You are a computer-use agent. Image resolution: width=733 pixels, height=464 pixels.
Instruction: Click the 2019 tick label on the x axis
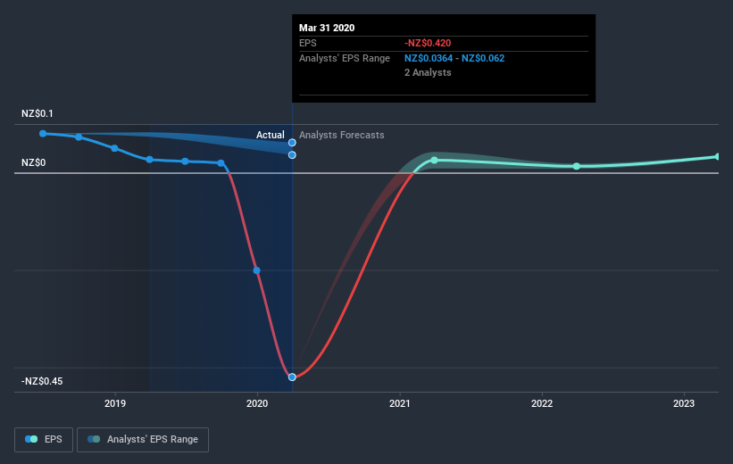coord(115,403)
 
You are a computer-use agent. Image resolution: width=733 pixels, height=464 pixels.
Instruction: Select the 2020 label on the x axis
coord(257,403)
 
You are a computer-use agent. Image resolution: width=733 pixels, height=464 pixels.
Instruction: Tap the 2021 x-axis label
coord(400,403)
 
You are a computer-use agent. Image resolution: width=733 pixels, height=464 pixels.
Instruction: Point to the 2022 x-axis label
coord(542,403)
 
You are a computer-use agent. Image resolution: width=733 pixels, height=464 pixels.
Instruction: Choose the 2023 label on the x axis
coord(684,403)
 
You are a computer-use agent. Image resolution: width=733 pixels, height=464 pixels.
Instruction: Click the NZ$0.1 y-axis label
coord(38,113)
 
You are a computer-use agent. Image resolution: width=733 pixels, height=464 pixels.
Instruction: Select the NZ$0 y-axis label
coord(33,162)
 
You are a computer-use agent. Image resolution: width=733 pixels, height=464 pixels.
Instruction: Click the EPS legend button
coord(44,439)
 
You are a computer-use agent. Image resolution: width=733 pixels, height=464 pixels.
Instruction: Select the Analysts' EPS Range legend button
coord(143,439)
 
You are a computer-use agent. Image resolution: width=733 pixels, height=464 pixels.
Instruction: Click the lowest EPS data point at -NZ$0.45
coord(292,377)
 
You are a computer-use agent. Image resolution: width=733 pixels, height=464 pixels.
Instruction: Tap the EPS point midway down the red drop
coord(256,270)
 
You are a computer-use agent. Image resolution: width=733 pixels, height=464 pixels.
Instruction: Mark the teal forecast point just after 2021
coord(434,161)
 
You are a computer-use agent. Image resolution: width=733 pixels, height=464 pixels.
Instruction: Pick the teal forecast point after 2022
coord(577,166)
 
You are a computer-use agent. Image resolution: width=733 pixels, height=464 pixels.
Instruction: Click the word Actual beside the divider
coord(270,135)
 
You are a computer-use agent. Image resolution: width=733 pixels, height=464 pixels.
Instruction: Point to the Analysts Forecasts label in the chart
coord(342,135)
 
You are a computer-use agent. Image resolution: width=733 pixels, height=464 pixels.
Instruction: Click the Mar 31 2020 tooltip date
coord(327,28)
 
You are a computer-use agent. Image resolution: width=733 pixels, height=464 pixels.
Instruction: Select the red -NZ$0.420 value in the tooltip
coord(429,43)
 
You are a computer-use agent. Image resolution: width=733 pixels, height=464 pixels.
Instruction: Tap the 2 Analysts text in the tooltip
coord(428,72)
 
